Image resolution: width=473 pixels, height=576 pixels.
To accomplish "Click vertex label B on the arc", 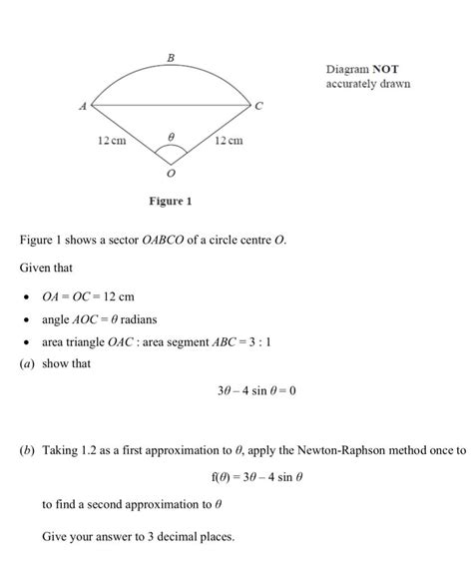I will coord(170,60).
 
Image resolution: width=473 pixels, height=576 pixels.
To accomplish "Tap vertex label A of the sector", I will coord(85,104).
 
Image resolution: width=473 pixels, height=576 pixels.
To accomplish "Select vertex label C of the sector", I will coord(259,105).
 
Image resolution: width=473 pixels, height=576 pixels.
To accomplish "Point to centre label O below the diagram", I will coord(171,173).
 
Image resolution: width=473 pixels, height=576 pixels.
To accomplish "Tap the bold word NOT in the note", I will coord(386,69).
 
